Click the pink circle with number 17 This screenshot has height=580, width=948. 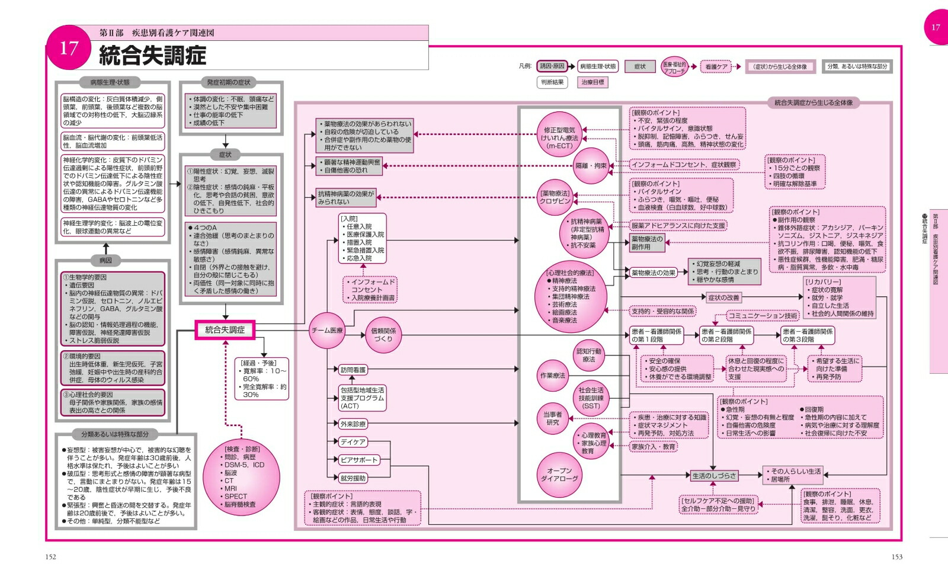click(x=69, y=47)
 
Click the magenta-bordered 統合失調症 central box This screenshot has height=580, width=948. click(x=225, y=330)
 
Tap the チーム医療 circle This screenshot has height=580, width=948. click(x=327, y=330)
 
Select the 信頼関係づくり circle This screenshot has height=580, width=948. click(x=383, y=335)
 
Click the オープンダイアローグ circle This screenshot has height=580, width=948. click(x=559, y=475)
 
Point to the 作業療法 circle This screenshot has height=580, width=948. click(x=552, y=376)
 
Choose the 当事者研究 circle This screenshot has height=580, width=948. click(x=552, y=418)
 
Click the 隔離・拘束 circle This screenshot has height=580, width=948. click(x=591, y=166)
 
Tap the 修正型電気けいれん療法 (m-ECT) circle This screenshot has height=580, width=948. click(x=559, y=138)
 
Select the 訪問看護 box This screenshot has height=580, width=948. click(x=353, y=370)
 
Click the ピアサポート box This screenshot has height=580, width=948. click(x=358, y=460)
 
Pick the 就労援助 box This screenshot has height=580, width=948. click(x=353, y=478)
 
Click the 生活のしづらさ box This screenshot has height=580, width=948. click(x=714, y=475)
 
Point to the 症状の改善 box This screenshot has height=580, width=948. click(x=723, y=297)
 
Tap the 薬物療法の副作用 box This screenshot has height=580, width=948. click(x=647, y=243)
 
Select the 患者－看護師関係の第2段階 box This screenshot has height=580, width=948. click(x=726, y=335)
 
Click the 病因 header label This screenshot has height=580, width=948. click(x=105, y=260)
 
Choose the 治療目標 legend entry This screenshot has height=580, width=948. click(x=592, y=82)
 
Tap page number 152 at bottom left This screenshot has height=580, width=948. click(x=50, y=556)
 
